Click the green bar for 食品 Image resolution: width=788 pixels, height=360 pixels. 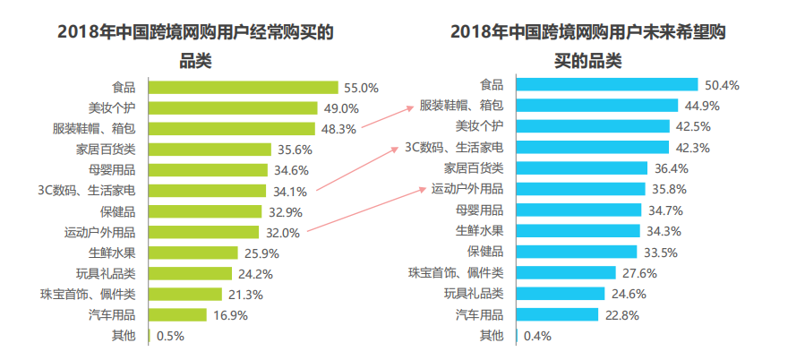tap(243, 88)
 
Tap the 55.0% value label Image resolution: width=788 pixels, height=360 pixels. tap(361, 88)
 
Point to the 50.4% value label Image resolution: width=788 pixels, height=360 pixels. tap(722, 85)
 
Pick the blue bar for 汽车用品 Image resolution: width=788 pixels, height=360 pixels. tap(557, 314)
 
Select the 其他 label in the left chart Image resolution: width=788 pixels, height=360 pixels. tap(124, 336)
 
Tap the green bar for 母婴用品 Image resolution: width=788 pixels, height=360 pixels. tap(208, 170)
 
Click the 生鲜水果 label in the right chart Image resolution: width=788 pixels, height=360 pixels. tap(482, 231)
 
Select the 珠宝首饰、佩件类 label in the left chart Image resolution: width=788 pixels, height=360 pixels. tap(88, 294)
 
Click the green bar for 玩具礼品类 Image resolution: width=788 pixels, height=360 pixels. tap(192, 274)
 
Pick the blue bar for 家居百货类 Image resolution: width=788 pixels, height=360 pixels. tap(583, 168)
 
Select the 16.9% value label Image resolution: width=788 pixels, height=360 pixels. tap(229, 315)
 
